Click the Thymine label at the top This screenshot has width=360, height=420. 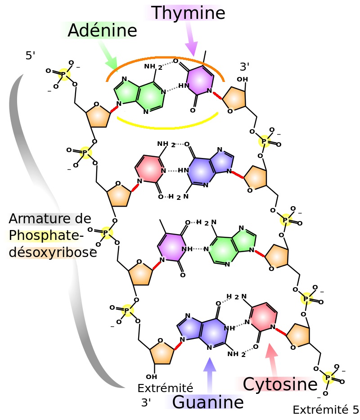pyautogui.click(x=188, y=13)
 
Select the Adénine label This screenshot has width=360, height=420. pyautogui.click(x=102, y=31)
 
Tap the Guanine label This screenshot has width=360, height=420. pyautogui.click(x=207, y=402)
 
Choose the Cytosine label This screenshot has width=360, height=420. pyautogui.click(x=280, y=384)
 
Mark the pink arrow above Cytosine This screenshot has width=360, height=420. pyautogui.click(x=271, y=357)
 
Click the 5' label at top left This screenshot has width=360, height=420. pyautogui.click(x=30, y=56)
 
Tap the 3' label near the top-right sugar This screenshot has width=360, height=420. pyautogui.click(x=244, y=67)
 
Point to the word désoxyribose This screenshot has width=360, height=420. pyautogui.click(x=52, y=253)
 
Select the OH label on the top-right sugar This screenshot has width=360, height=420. pyautogui.click(x=242, y=80)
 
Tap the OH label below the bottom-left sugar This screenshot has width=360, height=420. pyautogui.click(x=152, y=376)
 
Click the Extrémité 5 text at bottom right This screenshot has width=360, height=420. pyautogui.click(x=325, y=410)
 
